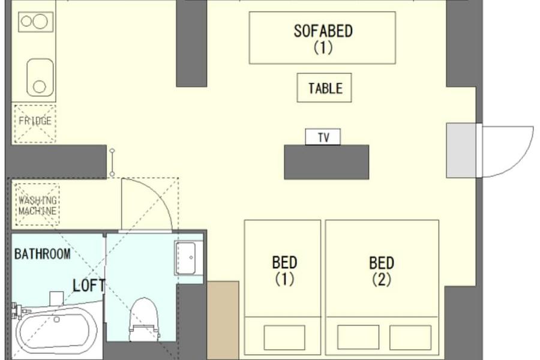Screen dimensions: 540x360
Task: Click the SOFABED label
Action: (323, 38)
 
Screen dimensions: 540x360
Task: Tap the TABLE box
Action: (324, 88)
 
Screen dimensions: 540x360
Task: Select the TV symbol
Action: (323, 137)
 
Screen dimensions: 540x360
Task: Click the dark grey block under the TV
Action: (326, 162)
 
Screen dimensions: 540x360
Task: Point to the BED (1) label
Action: (284, 271)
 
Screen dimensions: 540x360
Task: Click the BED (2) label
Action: (382, 271)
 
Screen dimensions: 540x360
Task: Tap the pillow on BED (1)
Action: (284, 337)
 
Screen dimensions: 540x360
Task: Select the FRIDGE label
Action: (35, 121)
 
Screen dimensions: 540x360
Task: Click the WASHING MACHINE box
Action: (37, 205)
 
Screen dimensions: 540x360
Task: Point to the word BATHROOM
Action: (43, 254)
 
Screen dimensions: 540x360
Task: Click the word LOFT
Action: (89, 286)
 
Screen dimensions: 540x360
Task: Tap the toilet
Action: (144, 319)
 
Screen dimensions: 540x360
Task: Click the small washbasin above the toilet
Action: (188, 257)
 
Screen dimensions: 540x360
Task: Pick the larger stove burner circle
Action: (40, 22)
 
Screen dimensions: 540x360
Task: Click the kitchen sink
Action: (40, 78)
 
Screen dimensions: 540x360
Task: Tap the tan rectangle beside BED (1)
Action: (223, 320)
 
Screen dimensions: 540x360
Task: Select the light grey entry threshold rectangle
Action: (461, 151)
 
